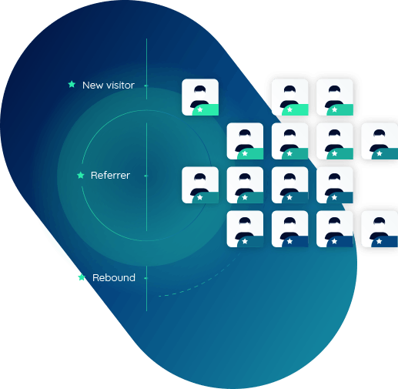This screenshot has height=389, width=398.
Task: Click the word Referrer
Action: [110, 176]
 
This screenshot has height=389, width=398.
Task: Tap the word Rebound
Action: [114, 277]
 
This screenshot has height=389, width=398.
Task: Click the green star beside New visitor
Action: [72, 84]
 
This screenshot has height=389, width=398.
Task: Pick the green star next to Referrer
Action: [81, 175]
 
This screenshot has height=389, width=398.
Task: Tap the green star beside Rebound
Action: [82, 277]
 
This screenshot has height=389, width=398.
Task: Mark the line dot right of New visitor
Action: [146, 86]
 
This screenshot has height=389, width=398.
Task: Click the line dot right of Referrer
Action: [146, 176]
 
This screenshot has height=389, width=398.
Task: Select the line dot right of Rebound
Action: [146, 278]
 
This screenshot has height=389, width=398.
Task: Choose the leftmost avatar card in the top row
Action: [200, 97]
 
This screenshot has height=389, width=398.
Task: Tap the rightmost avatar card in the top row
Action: [335, 97]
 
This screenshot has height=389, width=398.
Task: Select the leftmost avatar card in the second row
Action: [245, 141]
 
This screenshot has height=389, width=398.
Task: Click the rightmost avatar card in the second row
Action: [380, 141]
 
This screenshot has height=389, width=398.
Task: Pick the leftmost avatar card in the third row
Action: [200, 185]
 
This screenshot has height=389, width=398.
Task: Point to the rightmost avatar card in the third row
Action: [335, 185]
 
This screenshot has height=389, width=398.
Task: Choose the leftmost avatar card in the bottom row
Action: [245, 229]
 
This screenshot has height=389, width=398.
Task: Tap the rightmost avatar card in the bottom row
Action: [380, 229]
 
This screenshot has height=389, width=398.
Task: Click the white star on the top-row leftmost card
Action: [200, 109]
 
